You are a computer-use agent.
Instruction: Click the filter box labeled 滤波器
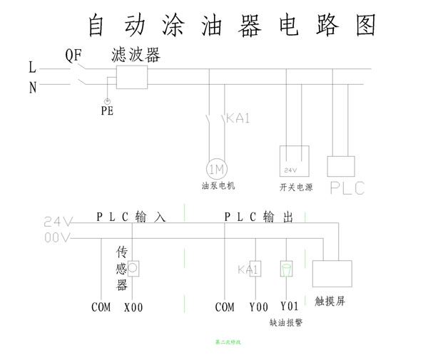(x=131, y=76)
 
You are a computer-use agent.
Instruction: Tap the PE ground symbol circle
(x=107, y=101)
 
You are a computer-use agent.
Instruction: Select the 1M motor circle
(x=215, y=169)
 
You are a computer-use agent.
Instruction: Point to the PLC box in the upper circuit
(x=341, y=166)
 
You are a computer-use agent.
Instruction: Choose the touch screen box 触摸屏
(x=332, y=274)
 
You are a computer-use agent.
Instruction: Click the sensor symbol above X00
(x=133, y=268)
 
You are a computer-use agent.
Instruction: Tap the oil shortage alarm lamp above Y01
(x=286, y=269)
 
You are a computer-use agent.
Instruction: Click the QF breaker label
(x=75, y=55)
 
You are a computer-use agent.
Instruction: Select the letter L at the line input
(x=32, y=68)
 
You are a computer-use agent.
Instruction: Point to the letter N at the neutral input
(x=32, y=88)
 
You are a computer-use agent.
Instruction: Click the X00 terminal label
(x=133, y=307)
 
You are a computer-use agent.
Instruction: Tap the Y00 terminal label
(x=258, y=307)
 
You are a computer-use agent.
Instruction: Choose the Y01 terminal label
(x=289, y=307)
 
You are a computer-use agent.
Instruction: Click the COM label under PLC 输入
(x=101, y=307)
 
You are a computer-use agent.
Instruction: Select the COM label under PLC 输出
(x=225, y=307)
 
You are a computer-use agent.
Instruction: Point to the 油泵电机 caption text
(x=218, y=186)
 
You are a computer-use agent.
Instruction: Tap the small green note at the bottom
(x=228, y=343)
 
